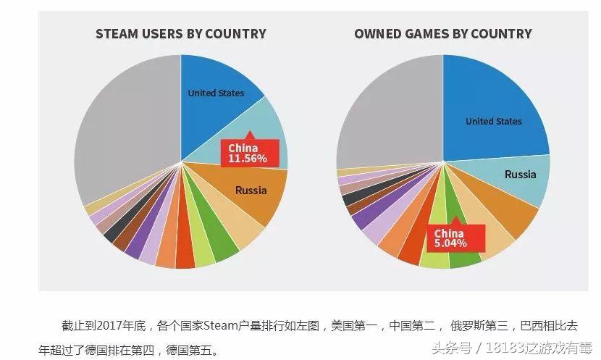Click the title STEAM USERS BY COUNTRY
point(180,33)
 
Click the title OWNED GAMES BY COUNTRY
point(442,33)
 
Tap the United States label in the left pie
point(216,93)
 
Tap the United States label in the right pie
point(493,121)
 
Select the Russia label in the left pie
point(251,191)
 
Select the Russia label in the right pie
point(520,174)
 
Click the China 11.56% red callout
point(248,152)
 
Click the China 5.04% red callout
point(450,238)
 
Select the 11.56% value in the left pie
point(248,157)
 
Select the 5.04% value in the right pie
point(450,243)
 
